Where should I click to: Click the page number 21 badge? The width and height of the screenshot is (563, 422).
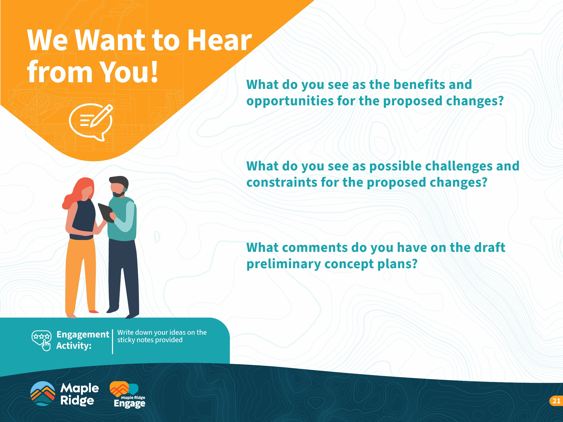tap(556, 401)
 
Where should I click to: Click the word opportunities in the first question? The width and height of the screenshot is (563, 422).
tap(290, 101)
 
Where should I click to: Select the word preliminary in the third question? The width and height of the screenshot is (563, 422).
tap(283, 264)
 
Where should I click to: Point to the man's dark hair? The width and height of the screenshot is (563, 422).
tap(119, 182)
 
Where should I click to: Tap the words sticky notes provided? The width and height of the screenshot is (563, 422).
tap(150, 340)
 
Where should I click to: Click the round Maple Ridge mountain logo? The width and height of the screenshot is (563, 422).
tap(42, 393)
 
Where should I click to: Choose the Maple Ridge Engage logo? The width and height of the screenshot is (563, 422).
tap(128, 395)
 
